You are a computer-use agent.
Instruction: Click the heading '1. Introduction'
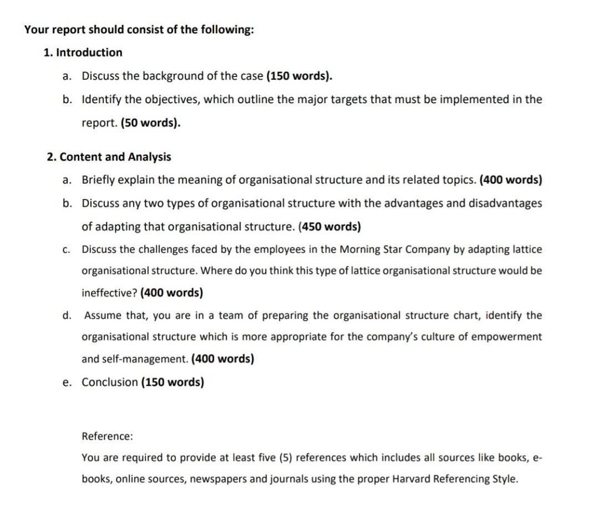(x=83, y=53)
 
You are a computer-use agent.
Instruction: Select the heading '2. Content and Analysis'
(x=109, y=157)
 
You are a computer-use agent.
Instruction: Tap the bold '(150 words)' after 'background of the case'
(x=299, y=76)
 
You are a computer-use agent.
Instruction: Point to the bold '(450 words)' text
(x=329, y=226)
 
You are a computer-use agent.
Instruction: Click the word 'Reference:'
(x=107, y=436)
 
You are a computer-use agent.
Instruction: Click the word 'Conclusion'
(x=110, y=382)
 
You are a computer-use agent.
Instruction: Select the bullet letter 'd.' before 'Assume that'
(x=67, y=315)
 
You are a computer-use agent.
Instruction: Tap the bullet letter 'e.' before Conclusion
(x=67, y=382)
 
